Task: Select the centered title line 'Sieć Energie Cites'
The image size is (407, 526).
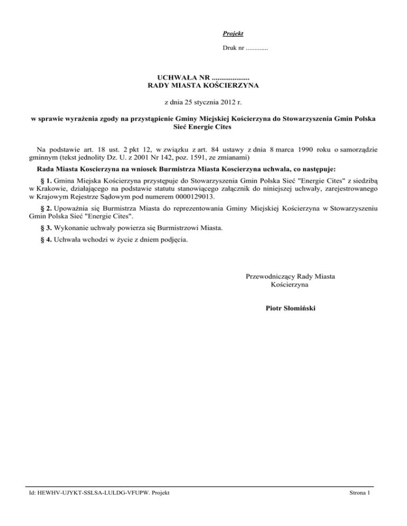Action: tap(203, 127)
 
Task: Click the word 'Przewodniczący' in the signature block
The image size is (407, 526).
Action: tap(271, 276)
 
